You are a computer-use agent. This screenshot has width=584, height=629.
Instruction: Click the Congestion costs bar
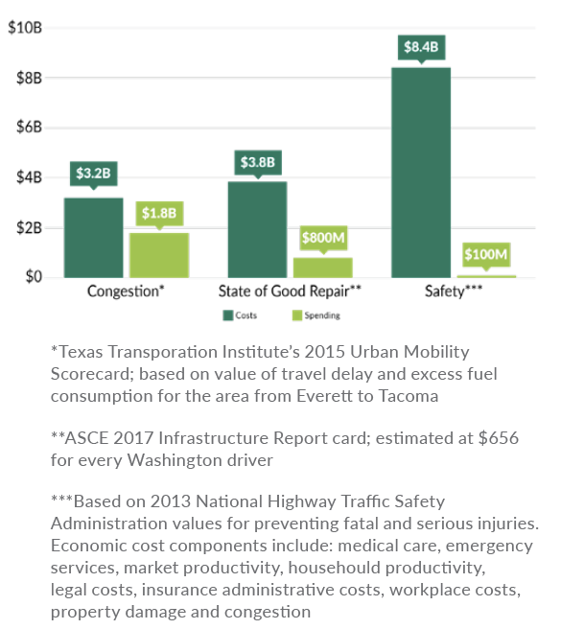click(94, 237)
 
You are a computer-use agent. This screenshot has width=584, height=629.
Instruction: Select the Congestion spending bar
click(159, 255)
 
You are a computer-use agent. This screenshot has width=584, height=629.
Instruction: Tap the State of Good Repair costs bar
click(257, 229)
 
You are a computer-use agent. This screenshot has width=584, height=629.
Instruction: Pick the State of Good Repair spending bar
click(322, 268)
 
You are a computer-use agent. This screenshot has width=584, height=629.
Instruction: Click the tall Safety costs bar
click(420, 173)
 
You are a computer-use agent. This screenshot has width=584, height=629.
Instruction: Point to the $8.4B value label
click(421, 47)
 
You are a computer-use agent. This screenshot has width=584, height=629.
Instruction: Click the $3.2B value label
click(94, 175)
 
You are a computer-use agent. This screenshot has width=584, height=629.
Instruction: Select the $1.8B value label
click(160, 213)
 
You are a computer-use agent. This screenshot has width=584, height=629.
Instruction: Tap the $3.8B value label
click(257, 162)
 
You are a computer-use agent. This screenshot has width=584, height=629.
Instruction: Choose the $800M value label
click(323, 237)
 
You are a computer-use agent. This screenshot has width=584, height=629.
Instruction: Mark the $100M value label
click(486, 255)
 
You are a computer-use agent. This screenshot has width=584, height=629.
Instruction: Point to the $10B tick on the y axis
click(25, 27)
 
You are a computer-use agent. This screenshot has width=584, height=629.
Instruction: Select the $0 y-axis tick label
click(33, 277)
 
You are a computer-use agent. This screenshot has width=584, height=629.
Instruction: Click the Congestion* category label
click(126, 291)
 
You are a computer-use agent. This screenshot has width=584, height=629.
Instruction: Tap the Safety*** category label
click(454, 291)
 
